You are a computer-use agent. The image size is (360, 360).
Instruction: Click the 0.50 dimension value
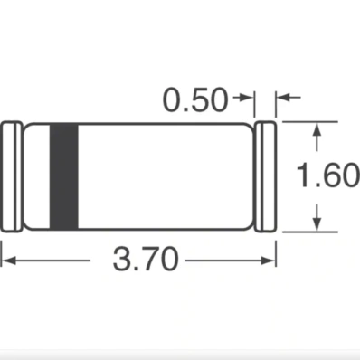[x=194, y=100]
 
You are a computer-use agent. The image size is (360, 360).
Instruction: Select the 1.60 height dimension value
[x=329, y=175]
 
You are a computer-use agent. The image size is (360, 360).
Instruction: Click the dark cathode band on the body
[x=62, y=175]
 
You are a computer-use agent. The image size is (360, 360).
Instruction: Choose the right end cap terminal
[x=265, y=175]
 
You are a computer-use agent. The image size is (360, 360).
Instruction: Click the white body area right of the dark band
[x=163, y=175]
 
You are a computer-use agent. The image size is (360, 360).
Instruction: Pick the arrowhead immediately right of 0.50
[x=248, y=99]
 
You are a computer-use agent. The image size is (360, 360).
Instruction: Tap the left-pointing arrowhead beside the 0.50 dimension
[x=281, y=99]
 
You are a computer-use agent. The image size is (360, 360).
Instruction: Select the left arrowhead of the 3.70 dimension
[x=6, y=262]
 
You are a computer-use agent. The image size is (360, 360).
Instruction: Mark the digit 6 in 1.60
[x=330, y=175]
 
